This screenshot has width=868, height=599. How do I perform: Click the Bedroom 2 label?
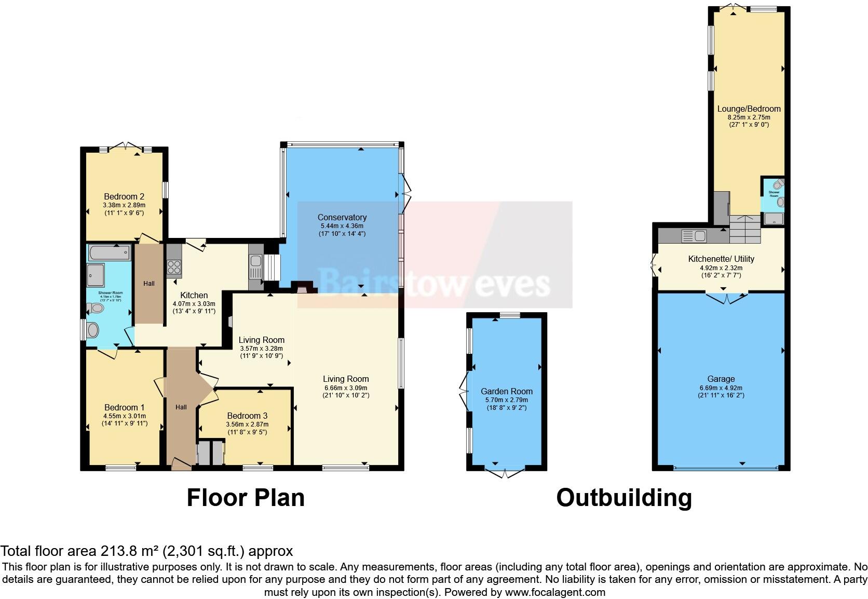coord(124,196)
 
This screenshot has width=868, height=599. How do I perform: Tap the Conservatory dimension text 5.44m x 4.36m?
coord(342,226)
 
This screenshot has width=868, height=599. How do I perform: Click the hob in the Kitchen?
coord(174,267)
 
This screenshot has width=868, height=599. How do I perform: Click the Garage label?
coord(721,379)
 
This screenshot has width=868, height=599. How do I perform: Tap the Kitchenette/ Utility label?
coord(721,259)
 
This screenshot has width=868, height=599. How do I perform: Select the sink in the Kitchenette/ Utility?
coord(693,236)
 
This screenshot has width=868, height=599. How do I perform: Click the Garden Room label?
coord(506,391)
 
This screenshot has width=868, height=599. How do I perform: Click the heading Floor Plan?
coord(245,497)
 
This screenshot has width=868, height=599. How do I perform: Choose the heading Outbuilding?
coord(624,497)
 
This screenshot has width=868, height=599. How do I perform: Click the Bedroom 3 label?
coord(247,416)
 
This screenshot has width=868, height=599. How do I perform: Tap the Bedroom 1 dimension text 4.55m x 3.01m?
coord(125,416)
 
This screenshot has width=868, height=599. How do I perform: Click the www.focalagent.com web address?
coord(554,592)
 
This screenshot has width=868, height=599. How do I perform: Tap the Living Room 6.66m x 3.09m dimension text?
coord(346,388)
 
